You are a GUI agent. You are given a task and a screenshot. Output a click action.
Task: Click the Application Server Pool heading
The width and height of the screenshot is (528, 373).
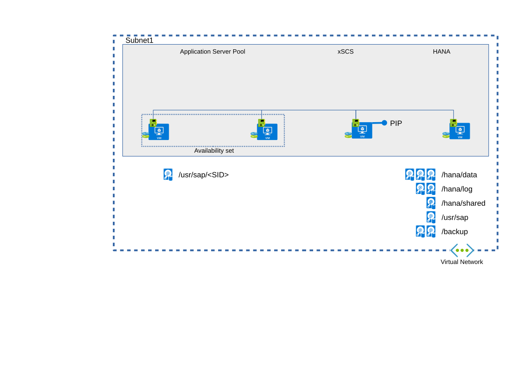coord(213,52)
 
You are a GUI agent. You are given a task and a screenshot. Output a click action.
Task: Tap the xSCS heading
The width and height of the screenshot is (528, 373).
coord(346,52)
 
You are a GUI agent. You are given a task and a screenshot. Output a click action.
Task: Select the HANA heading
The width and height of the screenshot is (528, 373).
coord(441,52)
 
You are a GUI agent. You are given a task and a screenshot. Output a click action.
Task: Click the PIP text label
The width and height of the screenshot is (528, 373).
coord(396,124)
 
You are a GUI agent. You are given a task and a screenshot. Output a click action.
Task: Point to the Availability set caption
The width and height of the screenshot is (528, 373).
coord(214,151)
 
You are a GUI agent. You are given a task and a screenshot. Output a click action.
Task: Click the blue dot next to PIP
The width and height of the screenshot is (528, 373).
coord(384,123)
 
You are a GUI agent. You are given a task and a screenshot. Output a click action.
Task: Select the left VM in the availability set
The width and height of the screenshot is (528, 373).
coord(159,132)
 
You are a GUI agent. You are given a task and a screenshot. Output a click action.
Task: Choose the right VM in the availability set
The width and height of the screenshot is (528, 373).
coord(267,132)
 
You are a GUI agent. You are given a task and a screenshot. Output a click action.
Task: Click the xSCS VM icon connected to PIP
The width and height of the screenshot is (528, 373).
coord(362,131)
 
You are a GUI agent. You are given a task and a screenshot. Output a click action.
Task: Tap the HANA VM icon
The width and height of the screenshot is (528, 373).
coord(460,131)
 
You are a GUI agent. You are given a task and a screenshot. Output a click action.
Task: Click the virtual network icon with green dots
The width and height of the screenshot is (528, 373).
coord(462,250)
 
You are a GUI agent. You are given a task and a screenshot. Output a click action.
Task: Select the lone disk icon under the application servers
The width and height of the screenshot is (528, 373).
coord(168,174)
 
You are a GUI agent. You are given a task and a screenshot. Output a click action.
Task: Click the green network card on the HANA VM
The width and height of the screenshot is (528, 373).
coord(453,123)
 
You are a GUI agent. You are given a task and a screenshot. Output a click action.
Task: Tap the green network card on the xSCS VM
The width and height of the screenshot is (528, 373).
coord(355,123)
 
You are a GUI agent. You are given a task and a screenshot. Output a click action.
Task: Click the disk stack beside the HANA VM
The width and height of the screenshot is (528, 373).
coord(446,135)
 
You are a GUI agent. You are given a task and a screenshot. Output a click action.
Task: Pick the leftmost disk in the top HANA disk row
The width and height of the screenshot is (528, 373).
coord(410,174)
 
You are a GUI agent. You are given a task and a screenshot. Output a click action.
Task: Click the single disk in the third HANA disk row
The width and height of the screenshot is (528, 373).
coord(431,203)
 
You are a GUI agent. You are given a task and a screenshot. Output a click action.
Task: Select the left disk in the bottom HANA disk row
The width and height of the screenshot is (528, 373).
coord(420,231)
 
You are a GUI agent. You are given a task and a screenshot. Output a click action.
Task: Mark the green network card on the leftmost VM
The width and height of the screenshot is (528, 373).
coord(153,123)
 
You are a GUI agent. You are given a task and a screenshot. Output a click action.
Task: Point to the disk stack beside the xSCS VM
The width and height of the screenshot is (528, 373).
coord(348,135)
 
